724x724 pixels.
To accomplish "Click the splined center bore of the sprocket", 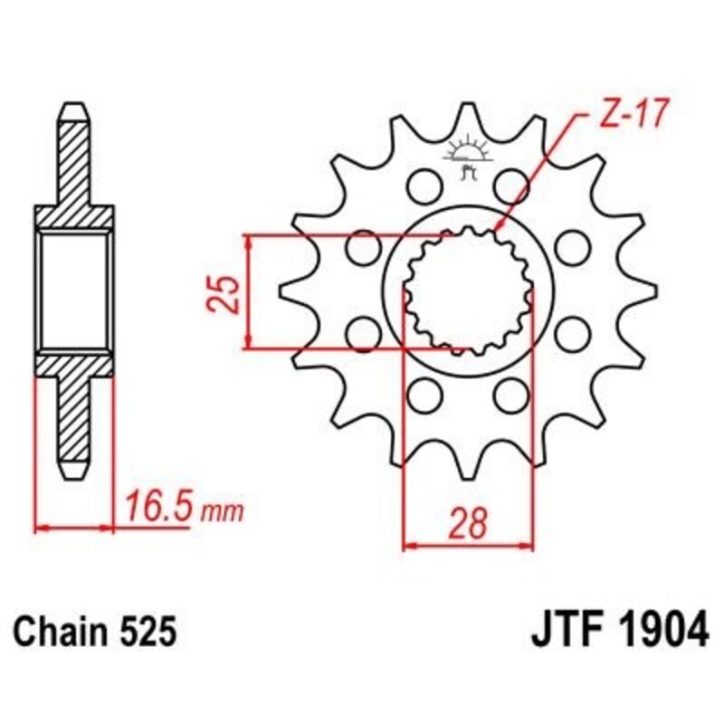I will (467, 291).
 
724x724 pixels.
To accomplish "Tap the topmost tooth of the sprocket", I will (467, 113).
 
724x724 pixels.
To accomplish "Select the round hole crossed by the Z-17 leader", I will (512, 186).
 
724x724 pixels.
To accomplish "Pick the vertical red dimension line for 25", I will (249, 291).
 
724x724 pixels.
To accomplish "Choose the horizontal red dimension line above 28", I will (468, 547).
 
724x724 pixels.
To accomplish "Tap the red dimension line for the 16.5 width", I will (74, 526).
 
